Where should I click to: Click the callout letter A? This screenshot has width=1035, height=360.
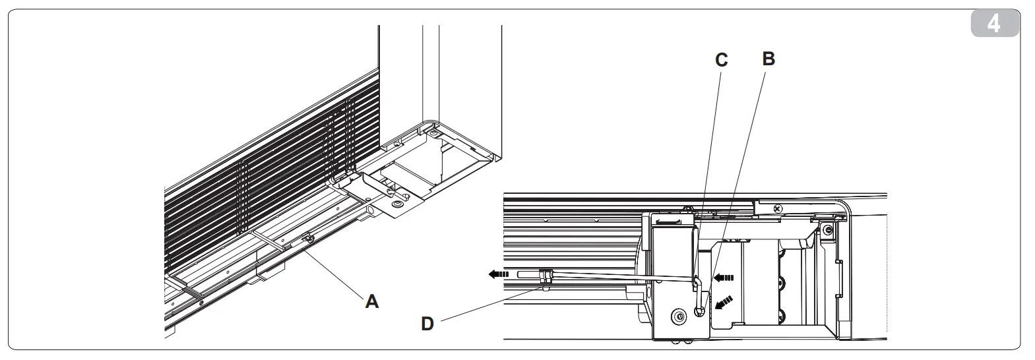(x=372, y=301)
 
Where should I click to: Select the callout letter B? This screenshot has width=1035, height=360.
(x=768, y=59)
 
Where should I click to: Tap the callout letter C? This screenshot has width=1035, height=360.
(x=722, y=60)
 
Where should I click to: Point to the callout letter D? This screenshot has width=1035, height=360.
(x=427, y=324)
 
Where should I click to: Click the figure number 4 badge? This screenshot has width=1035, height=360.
(x=994, y=25)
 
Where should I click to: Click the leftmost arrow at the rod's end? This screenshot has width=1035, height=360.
(x=498, y=274)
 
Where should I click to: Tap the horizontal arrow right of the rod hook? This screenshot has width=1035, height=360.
(x=724, y=277)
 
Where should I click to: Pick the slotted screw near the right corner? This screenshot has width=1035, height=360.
(x=826, y=229)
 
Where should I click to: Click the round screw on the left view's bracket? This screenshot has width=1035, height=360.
(x=396, y=206)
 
